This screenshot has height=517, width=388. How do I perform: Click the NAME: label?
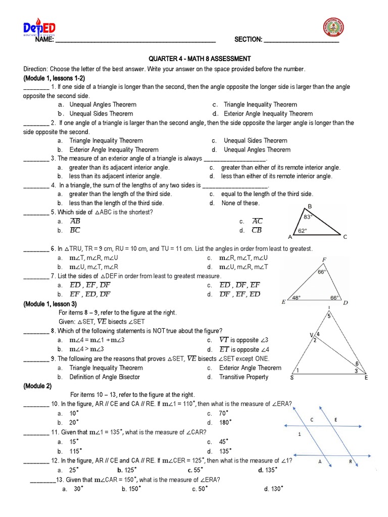tap(44, 40)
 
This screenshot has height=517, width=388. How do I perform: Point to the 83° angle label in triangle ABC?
tap(308, 216)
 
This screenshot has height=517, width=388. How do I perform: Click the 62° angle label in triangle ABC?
tap(303, 231)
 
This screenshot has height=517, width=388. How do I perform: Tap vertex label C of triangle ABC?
tap(345, 236)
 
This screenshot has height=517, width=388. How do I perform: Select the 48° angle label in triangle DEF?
tap(296, 297)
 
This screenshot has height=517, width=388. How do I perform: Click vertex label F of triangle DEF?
tap(323, 260)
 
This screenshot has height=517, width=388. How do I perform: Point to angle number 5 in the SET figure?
tap(328, 317)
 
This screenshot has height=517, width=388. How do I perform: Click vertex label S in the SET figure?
tap(292, 377)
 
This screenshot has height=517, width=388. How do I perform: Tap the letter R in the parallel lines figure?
tap(350, 461)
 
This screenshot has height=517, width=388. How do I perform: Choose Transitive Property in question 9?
tap(244, 377)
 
